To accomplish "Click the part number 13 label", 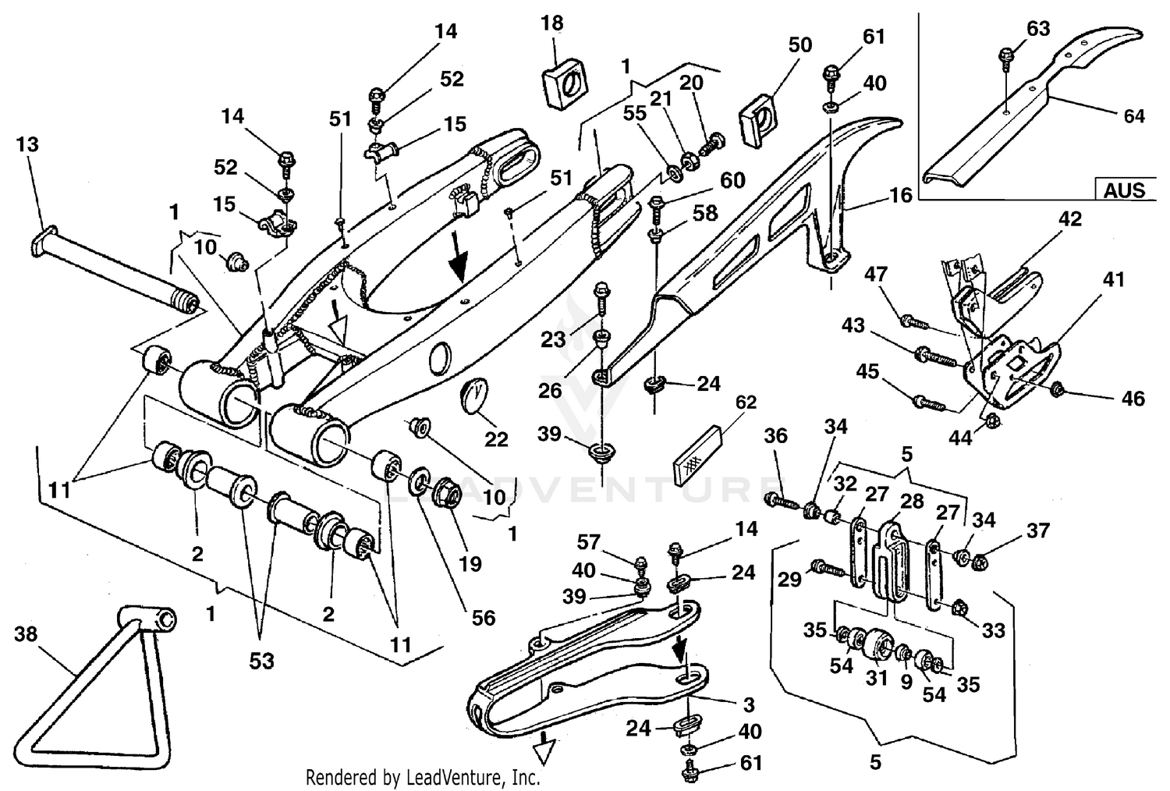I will pos(26,145).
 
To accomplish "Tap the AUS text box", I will pos(1124,190).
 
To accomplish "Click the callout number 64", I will pos(1133,116).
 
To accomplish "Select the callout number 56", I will pos(484,618).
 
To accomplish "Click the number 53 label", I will pos(261,661).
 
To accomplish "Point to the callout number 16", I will pos(900,195).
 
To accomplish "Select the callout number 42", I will pos(1069,219).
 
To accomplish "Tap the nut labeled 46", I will pos(1058,389).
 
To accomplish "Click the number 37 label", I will pos(1037,530).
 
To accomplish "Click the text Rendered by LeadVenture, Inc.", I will pos(422,777).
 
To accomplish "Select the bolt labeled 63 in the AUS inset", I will pos(1007,55).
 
